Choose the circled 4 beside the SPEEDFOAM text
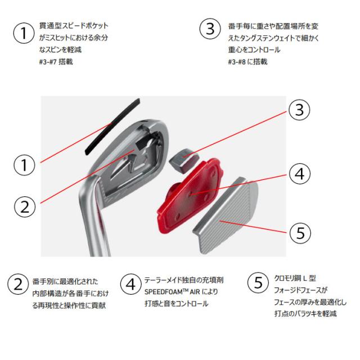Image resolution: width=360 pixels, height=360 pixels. pyautogui.click(x=131, y=283)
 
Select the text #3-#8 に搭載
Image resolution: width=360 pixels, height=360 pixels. pyautogui.click(x=247, y=61)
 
